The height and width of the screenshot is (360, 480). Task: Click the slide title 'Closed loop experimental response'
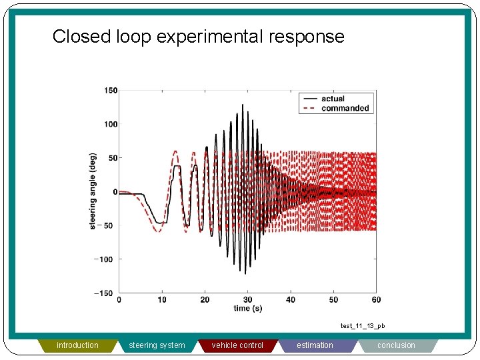(198, 36)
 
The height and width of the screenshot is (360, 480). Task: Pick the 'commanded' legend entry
(344, 108)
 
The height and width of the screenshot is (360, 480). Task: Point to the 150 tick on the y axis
(111, 91)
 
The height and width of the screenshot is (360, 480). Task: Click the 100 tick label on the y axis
(111, 124)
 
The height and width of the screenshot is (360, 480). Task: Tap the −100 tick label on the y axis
(107, 259)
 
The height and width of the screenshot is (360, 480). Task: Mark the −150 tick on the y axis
(107, 293)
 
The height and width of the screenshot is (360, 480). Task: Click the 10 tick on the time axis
(162, 300)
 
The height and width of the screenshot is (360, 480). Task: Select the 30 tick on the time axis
(247, 300)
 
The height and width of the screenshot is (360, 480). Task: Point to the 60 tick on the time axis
(376, 300)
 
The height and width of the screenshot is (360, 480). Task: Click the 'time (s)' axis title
(247, 308)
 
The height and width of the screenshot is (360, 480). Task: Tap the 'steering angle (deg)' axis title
(93, 192)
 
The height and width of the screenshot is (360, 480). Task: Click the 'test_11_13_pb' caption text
(363, 326)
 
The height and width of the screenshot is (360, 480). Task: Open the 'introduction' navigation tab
(77, 345)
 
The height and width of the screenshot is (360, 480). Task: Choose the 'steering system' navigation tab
(157, 345)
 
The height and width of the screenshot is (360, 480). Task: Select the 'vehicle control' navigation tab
(237, 345)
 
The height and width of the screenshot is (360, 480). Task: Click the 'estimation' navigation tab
(315, 345)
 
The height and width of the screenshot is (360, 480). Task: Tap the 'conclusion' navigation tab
(396, 345)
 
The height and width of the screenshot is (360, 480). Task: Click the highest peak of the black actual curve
(243, 105)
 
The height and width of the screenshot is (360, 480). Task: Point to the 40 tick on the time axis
(291, 300)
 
